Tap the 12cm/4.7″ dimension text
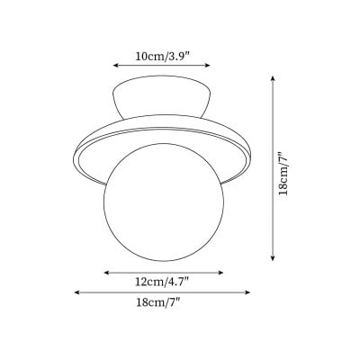161,282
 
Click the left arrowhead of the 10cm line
115,65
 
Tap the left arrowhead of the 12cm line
106,271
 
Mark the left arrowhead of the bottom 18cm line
76,292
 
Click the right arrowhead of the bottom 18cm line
247,292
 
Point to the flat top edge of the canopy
161,80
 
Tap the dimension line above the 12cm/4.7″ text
161,271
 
